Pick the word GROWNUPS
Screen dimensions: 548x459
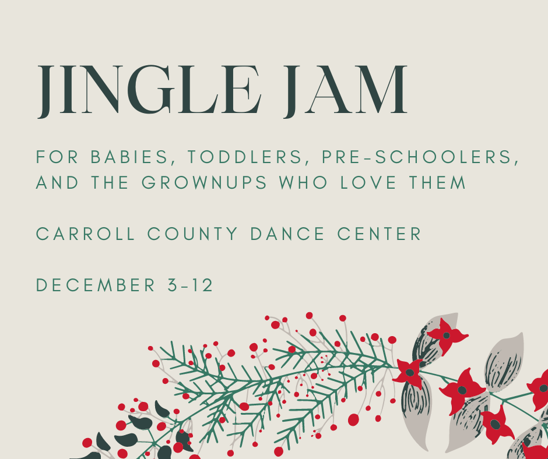[x=205, y=183]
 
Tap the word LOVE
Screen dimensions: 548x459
[x=368, y=183]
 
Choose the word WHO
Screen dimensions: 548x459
[x=303, y=183]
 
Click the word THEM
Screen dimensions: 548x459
[x=438, y=183]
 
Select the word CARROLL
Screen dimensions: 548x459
[x=85, y=234]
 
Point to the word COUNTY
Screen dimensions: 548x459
[x=192, y=234]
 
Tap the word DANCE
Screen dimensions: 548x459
[x=287, y=234]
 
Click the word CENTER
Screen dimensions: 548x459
[x=380, y=234]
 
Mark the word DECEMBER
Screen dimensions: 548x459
[x=96, y=285]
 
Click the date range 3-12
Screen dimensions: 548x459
[x=191, y=285]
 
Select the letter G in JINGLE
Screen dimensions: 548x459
[x=150, y=90]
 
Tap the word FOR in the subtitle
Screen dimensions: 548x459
[x=57, y=157]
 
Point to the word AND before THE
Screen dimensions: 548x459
[x=57, y=183]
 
